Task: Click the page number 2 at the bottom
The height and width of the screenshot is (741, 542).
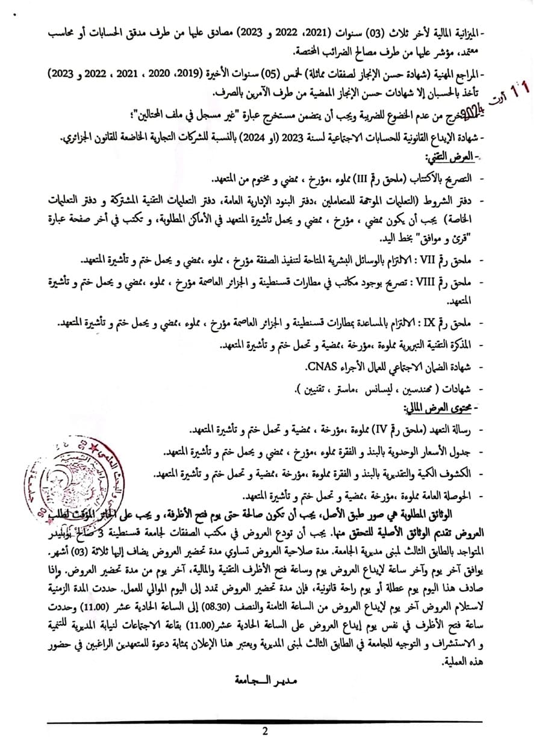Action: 264,731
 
